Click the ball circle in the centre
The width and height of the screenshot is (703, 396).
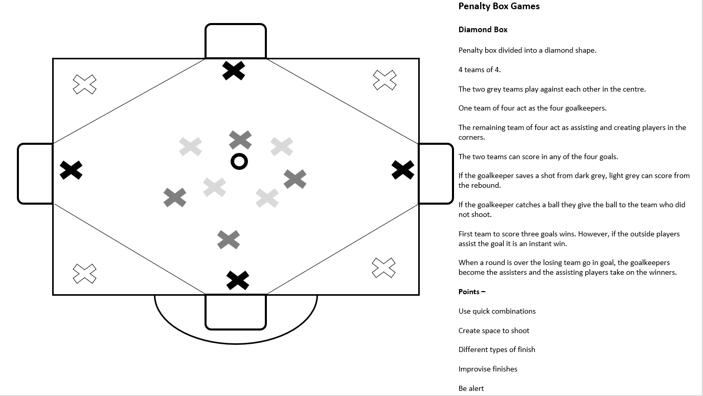pos(239,161)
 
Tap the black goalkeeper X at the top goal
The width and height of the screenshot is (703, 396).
pos(234,71)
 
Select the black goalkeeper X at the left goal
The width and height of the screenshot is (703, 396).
pos(71,170)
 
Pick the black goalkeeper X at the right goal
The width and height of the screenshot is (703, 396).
pos(403,170)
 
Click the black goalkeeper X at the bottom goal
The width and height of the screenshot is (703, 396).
pos(238,280)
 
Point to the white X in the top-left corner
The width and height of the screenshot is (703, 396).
pos(84,84)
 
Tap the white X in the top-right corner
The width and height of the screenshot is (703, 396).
pos(384,80)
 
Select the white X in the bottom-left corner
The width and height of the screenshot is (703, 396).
pos(84,273)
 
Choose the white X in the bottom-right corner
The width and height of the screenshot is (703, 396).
pos(383,268)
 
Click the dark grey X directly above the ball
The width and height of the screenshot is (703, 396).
pos(240,140)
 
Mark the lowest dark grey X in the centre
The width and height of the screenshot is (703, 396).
pos(229,239)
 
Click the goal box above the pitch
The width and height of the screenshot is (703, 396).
pos(236,41)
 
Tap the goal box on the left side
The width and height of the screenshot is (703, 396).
pos(35,173)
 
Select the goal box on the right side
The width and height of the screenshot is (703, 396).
pos(436,173)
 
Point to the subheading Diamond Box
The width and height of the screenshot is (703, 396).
pos(483,30)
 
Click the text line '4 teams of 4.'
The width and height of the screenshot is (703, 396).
pos(475,70)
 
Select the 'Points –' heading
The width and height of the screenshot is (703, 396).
pos(471,292)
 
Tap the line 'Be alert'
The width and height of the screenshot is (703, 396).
pos(471,388)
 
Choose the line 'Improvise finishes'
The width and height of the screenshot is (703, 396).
pos(488,369)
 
